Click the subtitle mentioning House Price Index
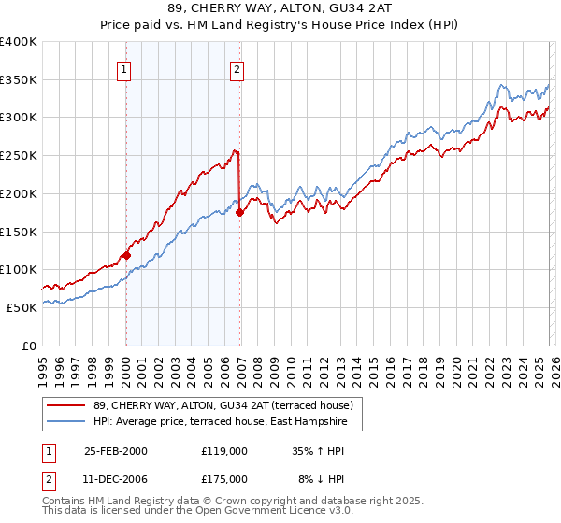(x=280, y=26)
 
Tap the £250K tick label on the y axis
(x=19, y=155)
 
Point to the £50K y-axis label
(x=22, y=306)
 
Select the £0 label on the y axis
(x=28, y=345)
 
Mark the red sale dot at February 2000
(x=126, y=255)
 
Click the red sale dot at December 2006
(x=239, y=213)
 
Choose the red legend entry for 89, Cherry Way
(x=223, y=405)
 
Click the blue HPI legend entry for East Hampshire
(x=220, y=422)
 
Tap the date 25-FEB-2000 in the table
(x=116, y=450)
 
